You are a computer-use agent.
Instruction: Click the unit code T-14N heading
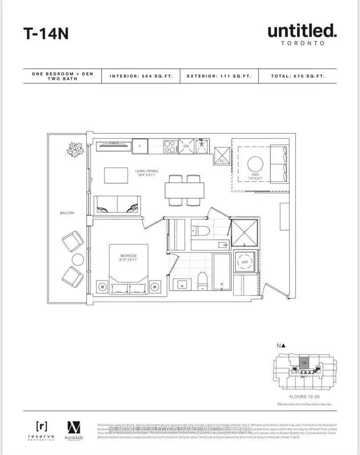(46, 33)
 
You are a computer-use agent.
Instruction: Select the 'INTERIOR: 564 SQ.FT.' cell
(140, 76)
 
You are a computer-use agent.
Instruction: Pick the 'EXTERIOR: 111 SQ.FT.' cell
(219, 76)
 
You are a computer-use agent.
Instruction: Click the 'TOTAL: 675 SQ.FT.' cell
(297, 76)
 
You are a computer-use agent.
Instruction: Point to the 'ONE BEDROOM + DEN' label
(62, 74)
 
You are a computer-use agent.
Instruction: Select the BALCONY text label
(67, 213)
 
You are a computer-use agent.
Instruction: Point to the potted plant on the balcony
(75, 149)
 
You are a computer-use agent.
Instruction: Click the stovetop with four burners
(170, 146)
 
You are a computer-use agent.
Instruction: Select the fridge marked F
(140, 146)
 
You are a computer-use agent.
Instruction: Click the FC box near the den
(222, 156)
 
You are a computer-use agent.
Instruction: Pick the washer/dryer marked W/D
(244, 262)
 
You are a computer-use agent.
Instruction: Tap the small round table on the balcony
(78, 259)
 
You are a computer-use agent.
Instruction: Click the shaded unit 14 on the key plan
(304, 363)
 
